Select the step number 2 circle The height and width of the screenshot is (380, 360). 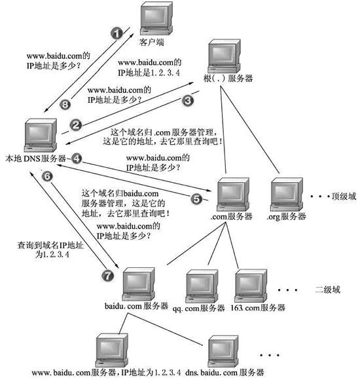tap(76, 124)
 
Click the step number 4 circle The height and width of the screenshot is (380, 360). tap(77, 158)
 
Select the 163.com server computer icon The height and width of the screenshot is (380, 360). tap(253, 284)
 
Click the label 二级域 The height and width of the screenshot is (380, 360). tap(328, 289)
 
